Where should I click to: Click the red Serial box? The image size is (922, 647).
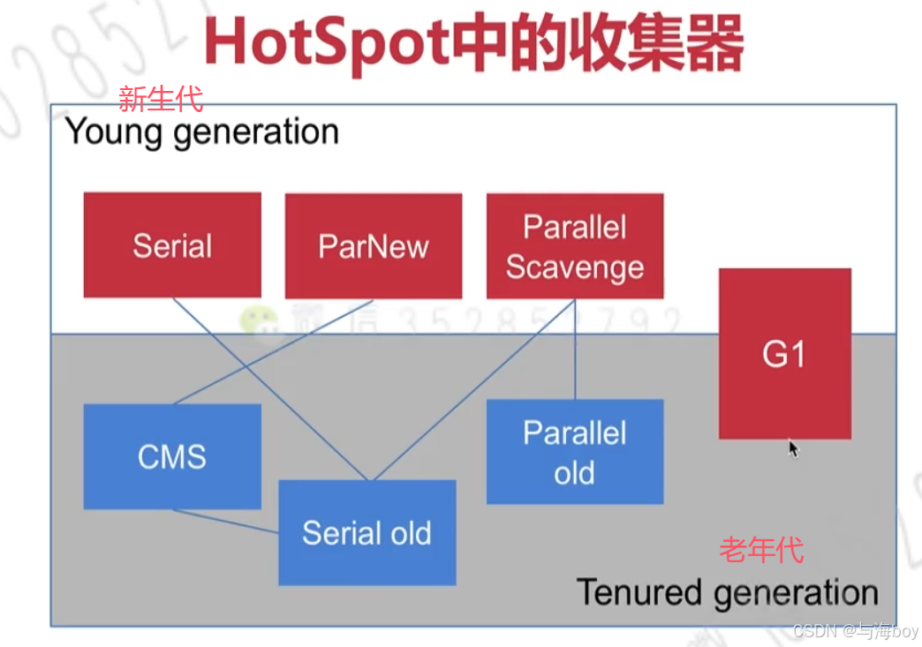pyautogui.click(x=172, y=245)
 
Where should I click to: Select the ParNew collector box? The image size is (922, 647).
pyautogui.click(x=373, y=245)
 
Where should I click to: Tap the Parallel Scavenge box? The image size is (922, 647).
pyautogui.click(x=574, y=246)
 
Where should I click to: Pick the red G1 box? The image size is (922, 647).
pyautogui.click(x=784, y=353)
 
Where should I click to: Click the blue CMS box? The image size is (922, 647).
pyautogui.click(x=172, y=456)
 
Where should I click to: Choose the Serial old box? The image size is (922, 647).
pyautogui.click(x=367, y=532)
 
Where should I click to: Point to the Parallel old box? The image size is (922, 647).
pyautogui.click(x=574, y=452)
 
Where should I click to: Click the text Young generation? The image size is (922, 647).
pyautogui.click(x=202, y=132)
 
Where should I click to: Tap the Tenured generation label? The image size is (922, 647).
pyautogui.click(x=727, y=592)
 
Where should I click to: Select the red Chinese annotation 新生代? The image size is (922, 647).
pyautogui.click(x=160, y=98)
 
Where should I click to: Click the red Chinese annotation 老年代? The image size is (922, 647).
pyautogui.click(x=761, y=549)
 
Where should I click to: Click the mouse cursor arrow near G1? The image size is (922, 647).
pyautogui.click(x=793, y=448)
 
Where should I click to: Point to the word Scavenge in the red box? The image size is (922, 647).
pyautogui.click(x=574, y=267)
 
